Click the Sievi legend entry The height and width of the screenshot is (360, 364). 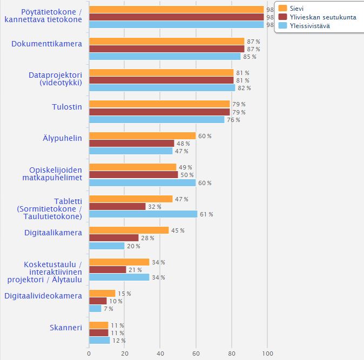(x=291, y=8)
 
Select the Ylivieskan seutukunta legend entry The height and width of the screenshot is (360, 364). (x=317, y=17)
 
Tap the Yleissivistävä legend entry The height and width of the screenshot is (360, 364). (x=304, y=26)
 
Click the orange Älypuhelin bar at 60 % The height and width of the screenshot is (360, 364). (x=143, y=136)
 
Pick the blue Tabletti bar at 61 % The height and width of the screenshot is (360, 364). (x=143, y=214)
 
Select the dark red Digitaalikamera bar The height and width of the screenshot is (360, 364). (x=114, y=238)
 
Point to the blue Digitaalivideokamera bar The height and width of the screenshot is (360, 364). (x=95, y=309)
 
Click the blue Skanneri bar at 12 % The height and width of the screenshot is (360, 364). (x=99, y=340)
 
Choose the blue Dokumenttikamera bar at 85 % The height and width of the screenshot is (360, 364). (x=165, y=56)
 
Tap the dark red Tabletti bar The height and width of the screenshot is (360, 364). (x=117, y=206)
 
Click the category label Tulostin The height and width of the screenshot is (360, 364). (x=67, y=107)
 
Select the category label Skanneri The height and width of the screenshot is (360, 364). (x=66, y=328)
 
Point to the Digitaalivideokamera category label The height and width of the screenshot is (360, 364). (x=43, y=296)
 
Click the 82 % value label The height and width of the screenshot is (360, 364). (x=244, y=88)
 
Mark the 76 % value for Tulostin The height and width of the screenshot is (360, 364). (x=233, y=120)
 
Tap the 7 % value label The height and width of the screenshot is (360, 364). (x=109, y=309)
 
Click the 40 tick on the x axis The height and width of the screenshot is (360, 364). (x=160, y=354)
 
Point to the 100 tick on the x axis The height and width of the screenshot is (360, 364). (x=267, y=354)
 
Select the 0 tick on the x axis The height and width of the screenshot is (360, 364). (x=89, y=354)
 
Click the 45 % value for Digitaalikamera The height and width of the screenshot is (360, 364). (x=178, y=230)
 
